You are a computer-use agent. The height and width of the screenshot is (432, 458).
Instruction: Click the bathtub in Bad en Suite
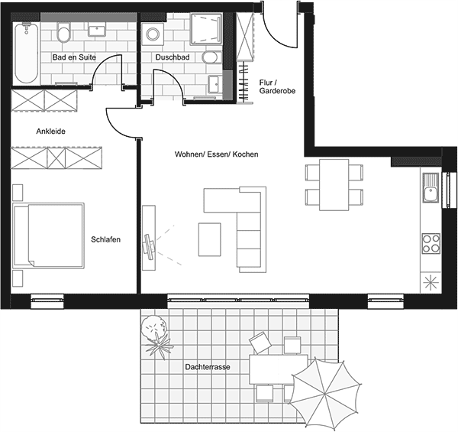26,53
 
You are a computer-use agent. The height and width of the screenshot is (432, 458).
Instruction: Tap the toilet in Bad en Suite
64,32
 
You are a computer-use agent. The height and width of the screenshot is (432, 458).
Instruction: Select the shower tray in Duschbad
205,29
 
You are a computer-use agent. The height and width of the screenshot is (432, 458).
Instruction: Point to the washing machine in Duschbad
153,34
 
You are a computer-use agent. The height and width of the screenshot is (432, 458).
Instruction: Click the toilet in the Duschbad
211,57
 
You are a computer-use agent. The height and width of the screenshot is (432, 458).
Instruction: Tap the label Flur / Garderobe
277,87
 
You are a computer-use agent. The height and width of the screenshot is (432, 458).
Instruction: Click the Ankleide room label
51,132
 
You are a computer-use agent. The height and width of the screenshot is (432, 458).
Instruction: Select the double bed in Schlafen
49,235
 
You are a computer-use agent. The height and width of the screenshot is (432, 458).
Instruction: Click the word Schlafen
106,239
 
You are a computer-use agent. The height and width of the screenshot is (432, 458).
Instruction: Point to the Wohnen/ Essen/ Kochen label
217,154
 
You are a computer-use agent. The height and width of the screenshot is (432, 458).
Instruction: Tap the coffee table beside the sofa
209,239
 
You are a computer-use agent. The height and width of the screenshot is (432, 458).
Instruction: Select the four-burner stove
431,244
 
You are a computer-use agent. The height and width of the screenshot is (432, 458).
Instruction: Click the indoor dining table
334,184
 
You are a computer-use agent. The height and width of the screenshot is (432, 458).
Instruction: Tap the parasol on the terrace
325,394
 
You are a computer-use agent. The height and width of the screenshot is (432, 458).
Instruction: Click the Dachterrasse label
208,367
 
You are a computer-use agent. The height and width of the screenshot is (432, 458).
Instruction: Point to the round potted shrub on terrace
153,327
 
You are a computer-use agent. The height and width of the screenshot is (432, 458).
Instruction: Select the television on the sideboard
150,246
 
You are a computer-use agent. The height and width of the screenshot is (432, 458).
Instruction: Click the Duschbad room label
173,57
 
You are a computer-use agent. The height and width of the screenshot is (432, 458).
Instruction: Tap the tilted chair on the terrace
260,343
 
